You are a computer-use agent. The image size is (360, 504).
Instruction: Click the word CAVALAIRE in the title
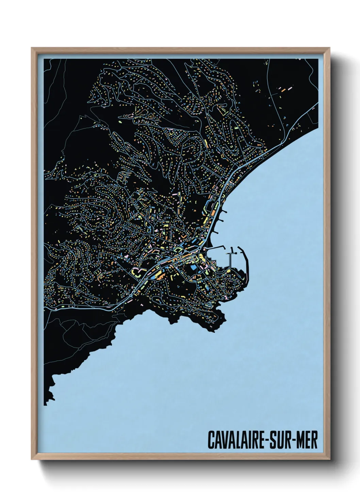coord(237,440)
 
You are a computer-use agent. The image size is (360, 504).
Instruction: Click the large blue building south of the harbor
coord(194,268)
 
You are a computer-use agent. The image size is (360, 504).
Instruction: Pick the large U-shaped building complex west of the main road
coord(137,272)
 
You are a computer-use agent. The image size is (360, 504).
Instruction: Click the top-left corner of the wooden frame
coord(32,48)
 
